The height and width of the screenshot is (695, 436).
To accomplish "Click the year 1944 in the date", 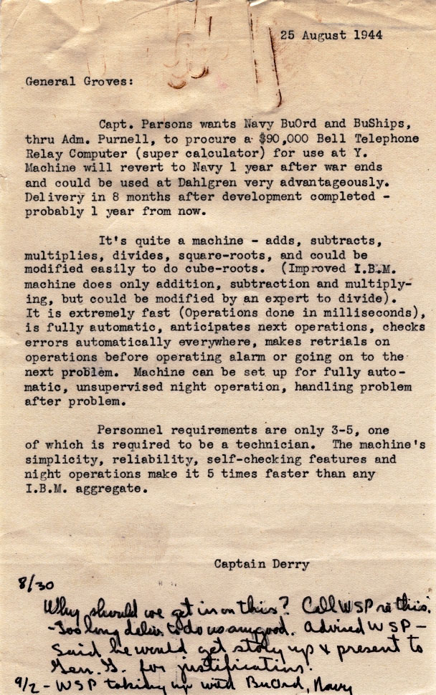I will [369, 34].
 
